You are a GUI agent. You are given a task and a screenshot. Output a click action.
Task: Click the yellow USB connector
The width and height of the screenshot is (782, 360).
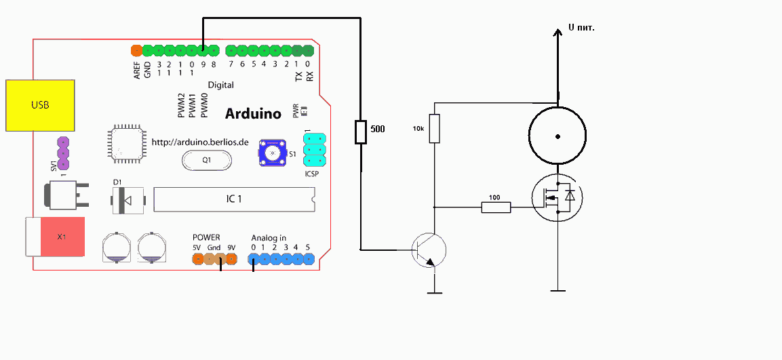tap(40, 105)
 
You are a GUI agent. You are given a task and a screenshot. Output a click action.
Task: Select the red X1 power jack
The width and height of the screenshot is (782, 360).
tap(61, 237)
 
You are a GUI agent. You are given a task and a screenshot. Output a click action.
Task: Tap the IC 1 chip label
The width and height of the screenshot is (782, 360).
tap(233, 199)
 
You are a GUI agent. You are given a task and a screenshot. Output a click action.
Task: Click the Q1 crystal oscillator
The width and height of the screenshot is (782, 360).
tap(207, 161)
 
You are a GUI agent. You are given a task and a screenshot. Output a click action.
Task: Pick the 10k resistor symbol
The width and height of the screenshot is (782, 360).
tap(435, 129)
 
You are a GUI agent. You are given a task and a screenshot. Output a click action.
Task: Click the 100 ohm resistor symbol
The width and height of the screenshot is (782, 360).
tap(496, 207)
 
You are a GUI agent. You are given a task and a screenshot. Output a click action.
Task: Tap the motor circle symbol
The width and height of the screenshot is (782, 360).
tap(558, 136)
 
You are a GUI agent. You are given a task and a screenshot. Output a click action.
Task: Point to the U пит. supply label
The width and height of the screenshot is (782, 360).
tap(581, 28)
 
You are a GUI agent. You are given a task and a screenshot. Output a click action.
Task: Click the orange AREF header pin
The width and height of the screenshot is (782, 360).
tap(136, 50)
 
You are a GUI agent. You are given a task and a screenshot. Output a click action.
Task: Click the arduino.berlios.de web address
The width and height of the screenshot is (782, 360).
tap(200, 142)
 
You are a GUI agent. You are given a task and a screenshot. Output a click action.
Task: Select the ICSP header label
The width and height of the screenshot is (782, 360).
tap(312, 174)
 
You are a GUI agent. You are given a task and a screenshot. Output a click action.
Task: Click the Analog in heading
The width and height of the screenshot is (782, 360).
tap(269, 238)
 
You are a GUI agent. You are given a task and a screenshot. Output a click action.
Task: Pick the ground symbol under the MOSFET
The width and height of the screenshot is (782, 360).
tap(558, 290)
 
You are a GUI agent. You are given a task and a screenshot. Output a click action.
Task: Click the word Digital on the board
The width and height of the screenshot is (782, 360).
tap(220, 85)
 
